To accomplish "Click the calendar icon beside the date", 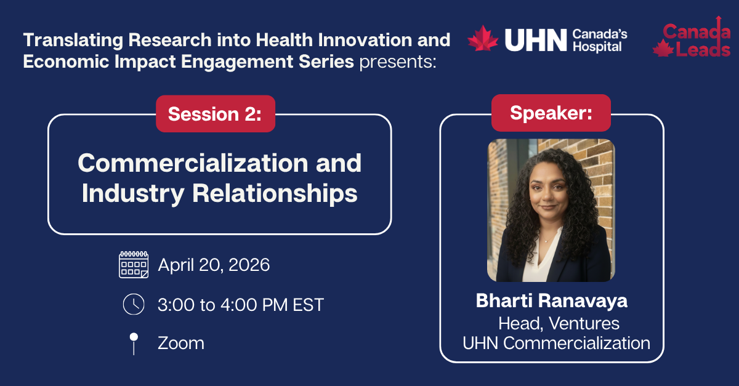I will point(134,265).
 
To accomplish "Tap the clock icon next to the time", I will point(134,304).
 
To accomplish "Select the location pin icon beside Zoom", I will point(134,343).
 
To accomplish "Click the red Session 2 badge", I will point(215,114).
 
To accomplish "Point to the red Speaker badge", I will point(551,113).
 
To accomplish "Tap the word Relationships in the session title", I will point(275,193).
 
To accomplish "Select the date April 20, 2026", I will point(214,265).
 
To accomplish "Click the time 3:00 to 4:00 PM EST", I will point(241,305).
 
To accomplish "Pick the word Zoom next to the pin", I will point(181,343).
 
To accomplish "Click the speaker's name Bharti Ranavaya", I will point(551,301).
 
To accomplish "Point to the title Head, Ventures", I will point(559,323).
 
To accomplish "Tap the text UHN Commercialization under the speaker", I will point(556,343).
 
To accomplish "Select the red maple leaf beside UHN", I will point(483,39).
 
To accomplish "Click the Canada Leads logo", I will point(691,39).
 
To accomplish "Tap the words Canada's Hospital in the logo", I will point(597,40).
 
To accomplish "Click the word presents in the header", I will point(397,62).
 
